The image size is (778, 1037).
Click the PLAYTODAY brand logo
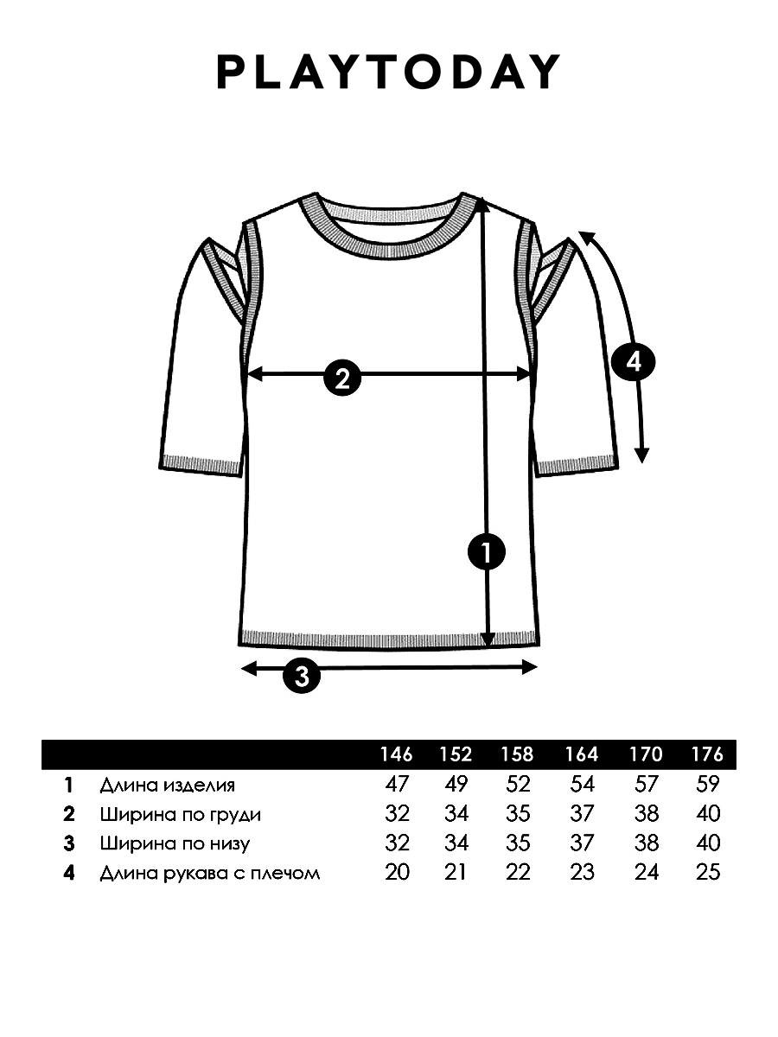point(388,72)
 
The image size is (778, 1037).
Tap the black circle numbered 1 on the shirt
point(486,552)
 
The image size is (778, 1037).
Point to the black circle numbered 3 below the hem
point(302,676)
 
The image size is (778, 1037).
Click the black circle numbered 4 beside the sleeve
point(634,362)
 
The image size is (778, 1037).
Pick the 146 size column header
point(396,754)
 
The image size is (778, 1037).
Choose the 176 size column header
point(707,754)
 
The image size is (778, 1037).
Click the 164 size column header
point(582,754)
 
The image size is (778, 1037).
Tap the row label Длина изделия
point(167,786)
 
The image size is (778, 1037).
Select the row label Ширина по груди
point(180,815)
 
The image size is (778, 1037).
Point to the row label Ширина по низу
point(175,843)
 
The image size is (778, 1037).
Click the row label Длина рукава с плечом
point(210,873)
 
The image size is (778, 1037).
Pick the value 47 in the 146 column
point(396,785)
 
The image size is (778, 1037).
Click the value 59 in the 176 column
point(708,785)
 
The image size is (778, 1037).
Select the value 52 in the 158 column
point(518,785)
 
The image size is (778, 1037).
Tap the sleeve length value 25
point(708,872)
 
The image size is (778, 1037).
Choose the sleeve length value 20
point(397,872)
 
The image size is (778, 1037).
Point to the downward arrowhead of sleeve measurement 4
point(641,455)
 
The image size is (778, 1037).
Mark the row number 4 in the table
point(69,873)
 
